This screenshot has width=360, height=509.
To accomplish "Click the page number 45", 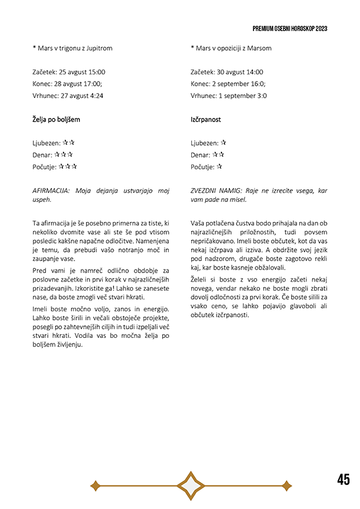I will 343,479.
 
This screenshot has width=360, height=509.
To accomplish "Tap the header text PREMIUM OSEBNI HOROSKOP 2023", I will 290,28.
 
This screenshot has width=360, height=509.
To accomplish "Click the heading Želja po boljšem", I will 56,120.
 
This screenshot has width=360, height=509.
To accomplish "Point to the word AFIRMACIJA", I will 51,190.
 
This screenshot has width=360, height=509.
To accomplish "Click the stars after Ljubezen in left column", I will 68,143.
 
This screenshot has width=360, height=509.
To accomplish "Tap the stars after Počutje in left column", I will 68,167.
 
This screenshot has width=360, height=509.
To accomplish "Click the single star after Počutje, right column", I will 220,167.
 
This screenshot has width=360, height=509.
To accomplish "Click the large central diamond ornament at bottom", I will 191,485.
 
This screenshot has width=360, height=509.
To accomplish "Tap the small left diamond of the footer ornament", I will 94,485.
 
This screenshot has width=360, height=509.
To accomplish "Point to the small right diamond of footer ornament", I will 287,485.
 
